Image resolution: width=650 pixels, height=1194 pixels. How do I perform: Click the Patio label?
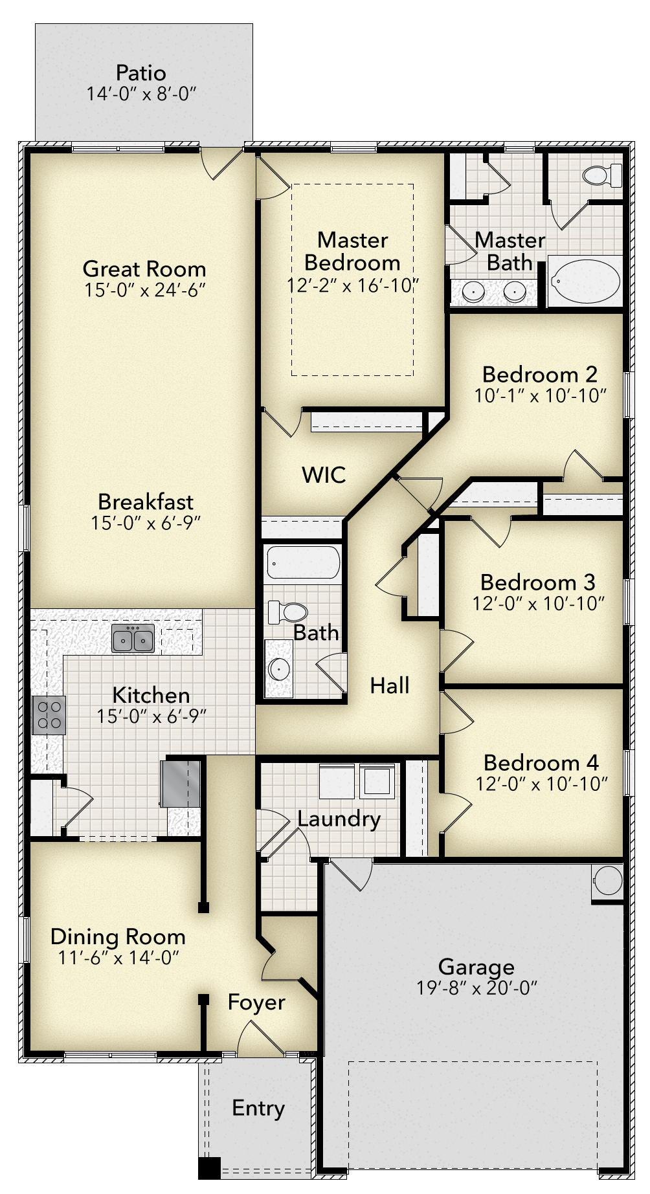141,72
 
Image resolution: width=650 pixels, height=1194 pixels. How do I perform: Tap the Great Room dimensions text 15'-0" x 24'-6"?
145,290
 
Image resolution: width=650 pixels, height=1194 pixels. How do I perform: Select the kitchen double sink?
133,639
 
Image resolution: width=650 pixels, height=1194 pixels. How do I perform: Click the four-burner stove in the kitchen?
49,715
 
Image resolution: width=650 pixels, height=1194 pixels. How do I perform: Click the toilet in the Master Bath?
602,175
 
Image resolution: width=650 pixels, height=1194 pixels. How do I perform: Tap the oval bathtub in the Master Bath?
585,281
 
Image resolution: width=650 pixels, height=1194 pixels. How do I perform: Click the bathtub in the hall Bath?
302,563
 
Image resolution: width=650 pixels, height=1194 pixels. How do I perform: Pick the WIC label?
324,475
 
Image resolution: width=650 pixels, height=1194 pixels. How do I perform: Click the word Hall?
390,685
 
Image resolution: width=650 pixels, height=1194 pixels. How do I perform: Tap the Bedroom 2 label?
540,374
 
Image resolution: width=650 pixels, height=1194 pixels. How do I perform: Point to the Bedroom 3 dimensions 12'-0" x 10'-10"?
539,603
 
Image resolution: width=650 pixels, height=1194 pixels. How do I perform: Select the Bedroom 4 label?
541,763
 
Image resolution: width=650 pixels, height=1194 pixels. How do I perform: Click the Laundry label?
339,819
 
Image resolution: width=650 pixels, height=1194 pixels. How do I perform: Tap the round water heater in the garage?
608,881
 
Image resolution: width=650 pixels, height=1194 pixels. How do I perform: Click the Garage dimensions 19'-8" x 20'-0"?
477,988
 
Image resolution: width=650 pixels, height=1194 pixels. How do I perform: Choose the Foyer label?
256,1002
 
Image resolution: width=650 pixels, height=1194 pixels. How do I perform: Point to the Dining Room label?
118,936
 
